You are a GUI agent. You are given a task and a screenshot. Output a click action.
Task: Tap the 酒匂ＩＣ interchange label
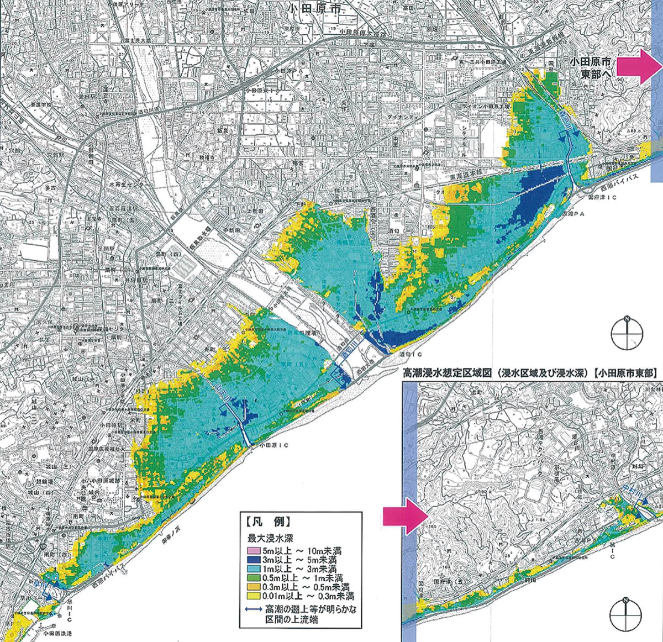409,353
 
